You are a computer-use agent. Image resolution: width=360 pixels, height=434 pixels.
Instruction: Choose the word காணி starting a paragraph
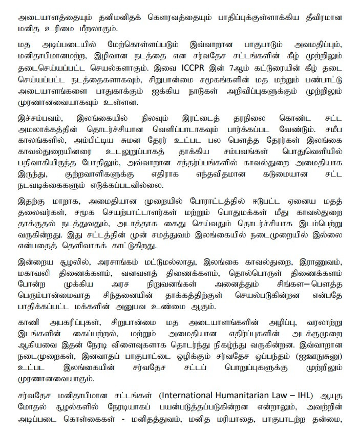pos(28,323)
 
